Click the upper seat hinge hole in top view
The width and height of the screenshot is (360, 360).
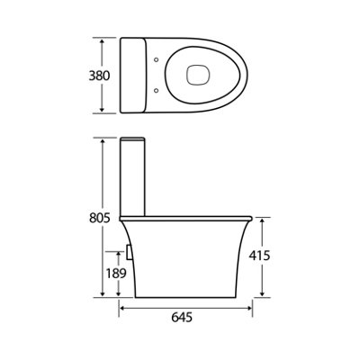coord(157,60)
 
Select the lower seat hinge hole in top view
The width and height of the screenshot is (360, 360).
coord(157,90)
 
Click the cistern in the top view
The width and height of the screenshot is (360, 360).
coord(133,76)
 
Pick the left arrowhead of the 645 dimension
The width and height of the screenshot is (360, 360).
coord(120,304)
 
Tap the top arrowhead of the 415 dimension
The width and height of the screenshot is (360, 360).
coord(261,219)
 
